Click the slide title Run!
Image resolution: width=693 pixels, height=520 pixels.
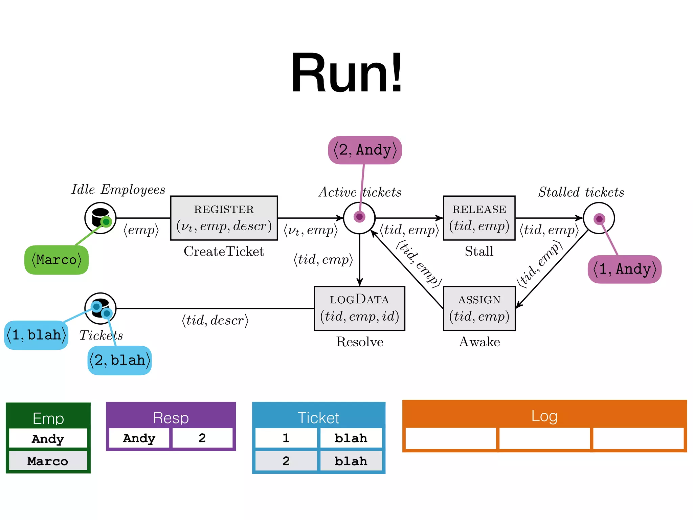point(346,72)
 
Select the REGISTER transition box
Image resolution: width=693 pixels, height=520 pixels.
point(224,218)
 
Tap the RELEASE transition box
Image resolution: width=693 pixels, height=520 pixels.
point(479,218)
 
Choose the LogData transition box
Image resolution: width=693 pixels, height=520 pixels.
point(359,308)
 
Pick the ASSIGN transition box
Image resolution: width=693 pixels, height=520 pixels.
point(479,308)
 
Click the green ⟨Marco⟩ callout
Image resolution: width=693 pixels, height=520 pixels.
point(57,260)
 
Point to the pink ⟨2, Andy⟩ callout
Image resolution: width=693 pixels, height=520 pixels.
point(365,150)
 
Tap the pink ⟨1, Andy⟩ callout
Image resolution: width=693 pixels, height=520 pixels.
point(624,269)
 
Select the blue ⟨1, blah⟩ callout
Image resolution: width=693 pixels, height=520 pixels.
point(36,335)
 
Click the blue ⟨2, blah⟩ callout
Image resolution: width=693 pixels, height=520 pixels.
point(119,360)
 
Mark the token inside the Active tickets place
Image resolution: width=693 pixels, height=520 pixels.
point(359,217)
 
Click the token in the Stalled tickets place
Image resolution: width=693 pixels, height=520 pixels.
point(599,219)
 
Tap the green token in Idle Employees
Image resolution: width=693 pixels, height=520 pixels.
point(106,222)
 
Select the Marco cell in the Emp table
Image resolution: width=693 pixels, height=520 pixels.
point(48,461)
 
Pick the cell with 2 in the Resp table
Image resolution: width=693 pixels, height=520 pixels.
point(202,438)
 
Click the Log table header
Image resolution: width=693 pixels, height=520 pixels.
point(544,415)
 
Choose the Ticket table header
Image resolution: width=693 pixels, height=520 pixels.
point(318,417)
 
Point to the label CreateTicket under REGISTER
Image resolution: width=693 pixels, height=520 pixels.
point(224,252)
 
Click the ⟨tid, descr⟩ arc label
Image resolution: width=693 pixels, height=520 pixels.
point(215,320)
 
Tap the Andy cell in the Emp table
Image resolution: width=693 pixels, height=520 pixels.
point(48,438)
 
